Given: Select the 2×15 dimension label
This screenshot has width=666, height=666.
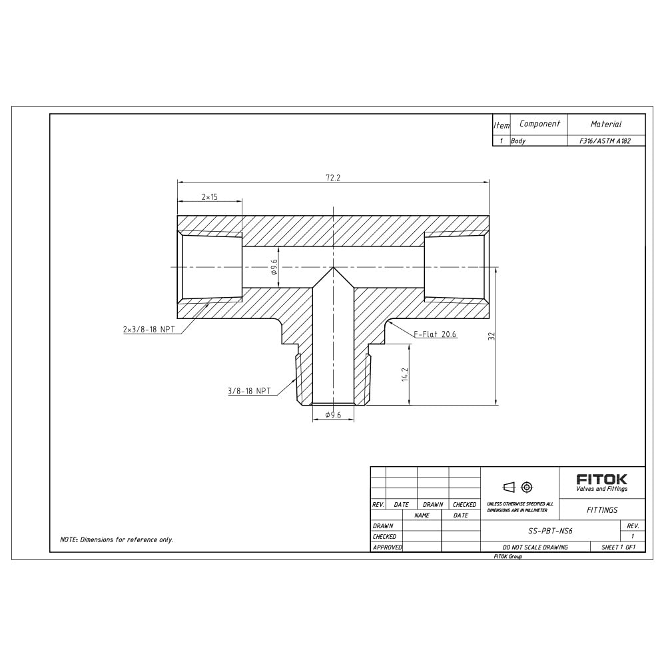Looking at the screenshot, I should [x=210, y=197].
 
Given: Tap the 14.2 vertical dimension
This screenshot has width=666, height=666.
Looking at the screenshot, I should [x=404, y=375].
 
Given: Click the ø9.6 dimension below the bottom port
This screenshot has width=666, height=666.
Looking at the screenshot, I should [x=333, y=415].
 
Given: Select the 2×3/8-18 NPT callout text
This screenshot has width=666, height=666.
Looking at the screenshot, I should [x=149, y=330].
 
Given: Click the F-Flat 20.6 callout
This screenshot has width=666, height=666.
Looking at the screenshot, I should [x=436, y=334].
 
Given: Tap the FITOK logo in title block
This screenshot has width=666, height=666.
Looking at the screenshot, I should [x=601, y=479].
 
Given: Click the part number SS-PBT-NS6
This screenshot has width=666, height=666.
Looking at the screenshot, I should [x=550, y=531].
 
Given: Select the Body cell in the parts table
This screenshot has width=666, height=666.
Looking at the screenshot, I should [x=518, y=141].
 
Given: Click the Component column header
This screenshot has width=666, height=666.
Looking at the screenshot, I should [x=539, y=124].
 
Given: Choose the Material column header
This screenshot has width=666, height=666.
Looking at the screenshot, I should [x=605, y=124].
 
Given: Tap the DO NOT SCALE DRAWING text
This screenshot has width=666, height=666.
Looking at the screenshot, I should [x=535, y=547].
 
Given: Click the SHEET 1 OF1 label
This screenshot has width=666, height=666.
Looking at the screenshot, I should [x=618, y=547].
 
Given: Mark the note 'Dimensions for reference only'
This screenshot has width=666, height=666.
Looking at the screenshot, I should [x=117, y=539].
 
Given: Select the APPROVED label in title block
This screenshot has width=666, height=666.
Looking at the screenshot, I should [x=387, y=547].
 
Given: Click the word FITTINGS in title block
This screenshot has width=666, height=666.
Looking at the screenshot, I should [x=601, y=510].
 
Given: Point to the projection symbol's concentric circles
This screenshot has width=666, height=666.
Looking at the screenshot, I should [x=527, y=486].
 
